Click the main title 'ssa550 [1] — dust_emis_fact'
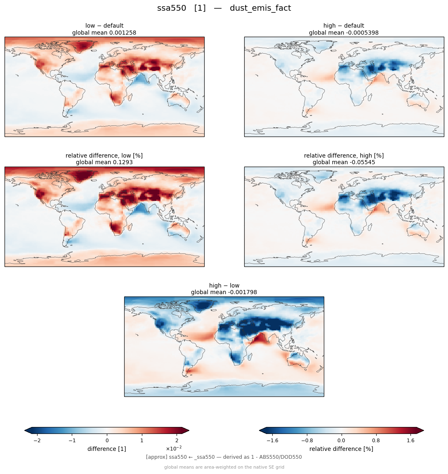tap(224, 8)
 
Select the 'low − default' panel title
tap(104, 26)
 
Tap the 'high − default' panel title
tap(344, 26)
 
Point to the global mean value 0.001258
tap(119, 33)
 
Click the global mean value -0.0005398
tap(360, 33)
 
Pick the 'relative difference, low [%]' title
tap(104, 156)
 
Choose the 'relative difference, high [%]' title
tap(344, 156)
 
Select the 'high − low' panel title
tap(224, 285)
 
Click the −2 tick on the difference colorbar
tap(37, 441)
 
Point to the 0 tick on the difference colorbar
tap(107, 441)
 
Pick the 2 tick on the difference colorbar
tap(177, 441)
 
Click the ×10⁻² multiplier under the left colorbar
tap(174, 448)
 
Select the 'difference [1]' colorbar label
tap(107, 449)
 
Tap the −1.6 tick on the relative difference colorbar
tap(272, 441)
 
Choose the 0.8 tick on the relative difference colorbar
tap(376, 441)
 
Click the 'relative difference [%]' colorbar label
tap(341, 449)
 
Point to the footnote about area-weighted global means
tap(224, 467)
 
